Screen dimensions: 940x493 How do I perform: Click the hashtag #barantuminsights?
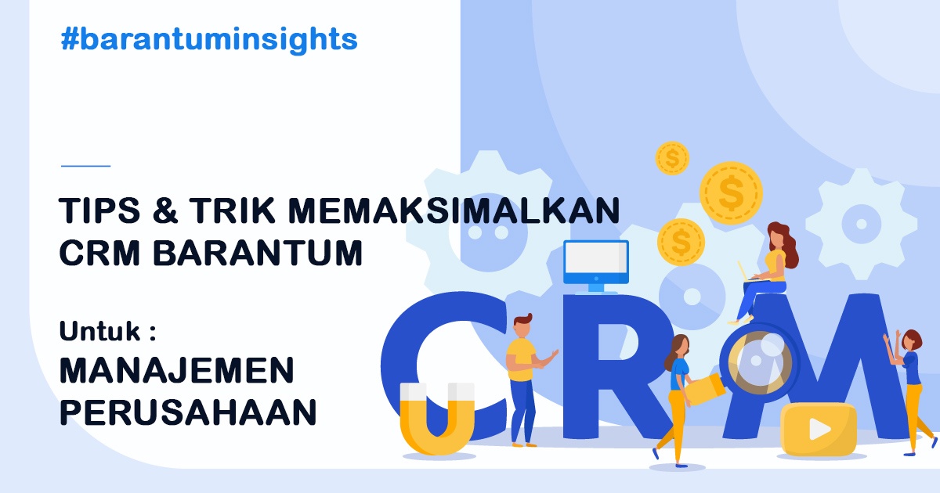point(209,40)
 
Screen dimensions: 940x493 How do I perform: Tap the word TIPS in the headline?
point(99,211)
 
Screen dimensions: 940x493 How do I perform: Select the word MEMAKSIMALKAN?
point(454,211)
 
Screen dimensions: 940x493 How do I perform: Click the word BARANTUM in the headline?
point(257,253)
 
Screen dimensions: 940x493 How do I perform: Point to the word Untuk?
point(99,331)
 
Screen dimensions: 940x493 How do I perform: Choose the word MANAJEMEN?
point(177,371)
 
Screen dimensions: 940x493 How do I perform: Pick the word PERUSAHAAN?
point(188,412)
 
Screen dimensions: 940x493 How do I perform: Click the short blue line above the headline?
point(85,166)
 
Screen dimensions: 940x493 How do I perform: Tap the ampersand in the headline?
point(165,211)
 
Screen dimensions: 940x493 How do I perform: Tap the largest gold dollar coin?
point(731,193)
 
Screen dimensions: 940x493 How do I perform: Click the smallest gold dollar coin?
point(672,158)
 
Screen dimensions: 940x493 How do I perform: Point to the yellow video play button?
point(819,430)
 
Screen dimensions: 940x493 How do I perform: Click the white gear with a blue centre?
point(861,224)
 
